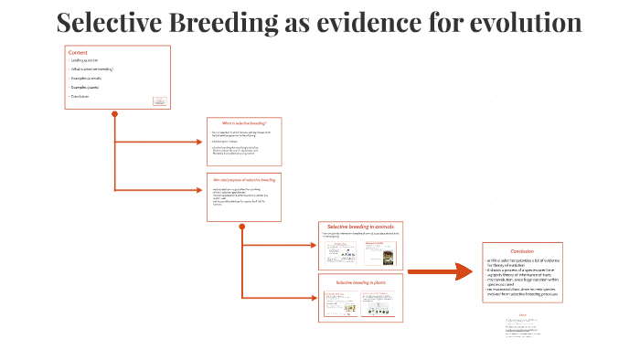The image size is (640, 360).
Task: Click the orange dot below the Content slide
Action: tap(114, 114)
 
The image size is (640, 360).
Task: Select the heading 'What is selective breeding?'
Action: tap(242, 122)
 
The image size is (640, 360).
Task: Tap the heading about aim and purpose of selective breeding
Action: tap(243, 180)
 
